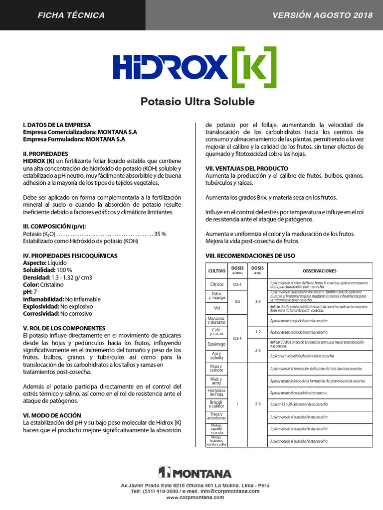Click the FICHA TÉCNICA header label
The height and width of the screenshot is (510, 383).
(x=71, y=15)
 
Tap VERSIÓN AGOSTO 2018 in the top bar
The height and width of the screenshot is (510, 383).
(x=323, y=15)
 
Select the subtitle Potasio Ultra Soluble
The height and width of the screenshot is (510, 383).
(x=197, y=102)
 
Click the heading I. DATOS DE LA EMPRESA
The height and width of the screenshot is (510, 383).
(x=57, y=125)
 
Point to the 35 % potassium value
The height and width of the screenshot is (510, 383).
(x=161, y=234)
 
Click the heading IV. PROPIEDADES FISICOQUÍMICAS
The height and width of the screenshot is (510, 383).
(x=70, y=255)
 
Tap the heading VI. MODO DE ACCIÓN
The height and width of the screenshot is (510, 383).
(x=52, y=415)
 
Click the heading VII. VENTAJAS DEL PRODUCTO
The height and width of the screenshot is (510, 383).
(x=247, y=169)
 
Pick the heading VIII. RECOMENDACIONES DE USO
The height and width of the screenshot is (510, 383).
(x=250, y=256)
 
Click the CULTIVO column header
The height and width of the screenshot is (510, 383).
(x=217, y=271)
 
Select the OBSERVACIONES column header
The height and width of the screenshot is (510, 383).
(x=319, y=271)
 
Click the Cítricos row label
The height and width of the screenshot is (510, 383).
(x=217, y=284)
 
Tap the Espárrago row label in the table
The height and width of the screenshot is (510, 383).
(x=217, y=344)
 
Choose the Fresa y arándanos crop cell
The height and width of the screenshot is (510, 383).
(x=217, y=416)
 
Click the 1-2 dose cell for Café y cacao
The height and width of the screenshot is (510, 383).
(x=258, y=332)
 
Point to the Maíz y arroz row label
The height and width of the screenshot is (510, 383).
(x=217, y=381)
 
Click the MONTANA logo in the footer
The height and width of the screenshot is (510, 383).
(x=195, y=473)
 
